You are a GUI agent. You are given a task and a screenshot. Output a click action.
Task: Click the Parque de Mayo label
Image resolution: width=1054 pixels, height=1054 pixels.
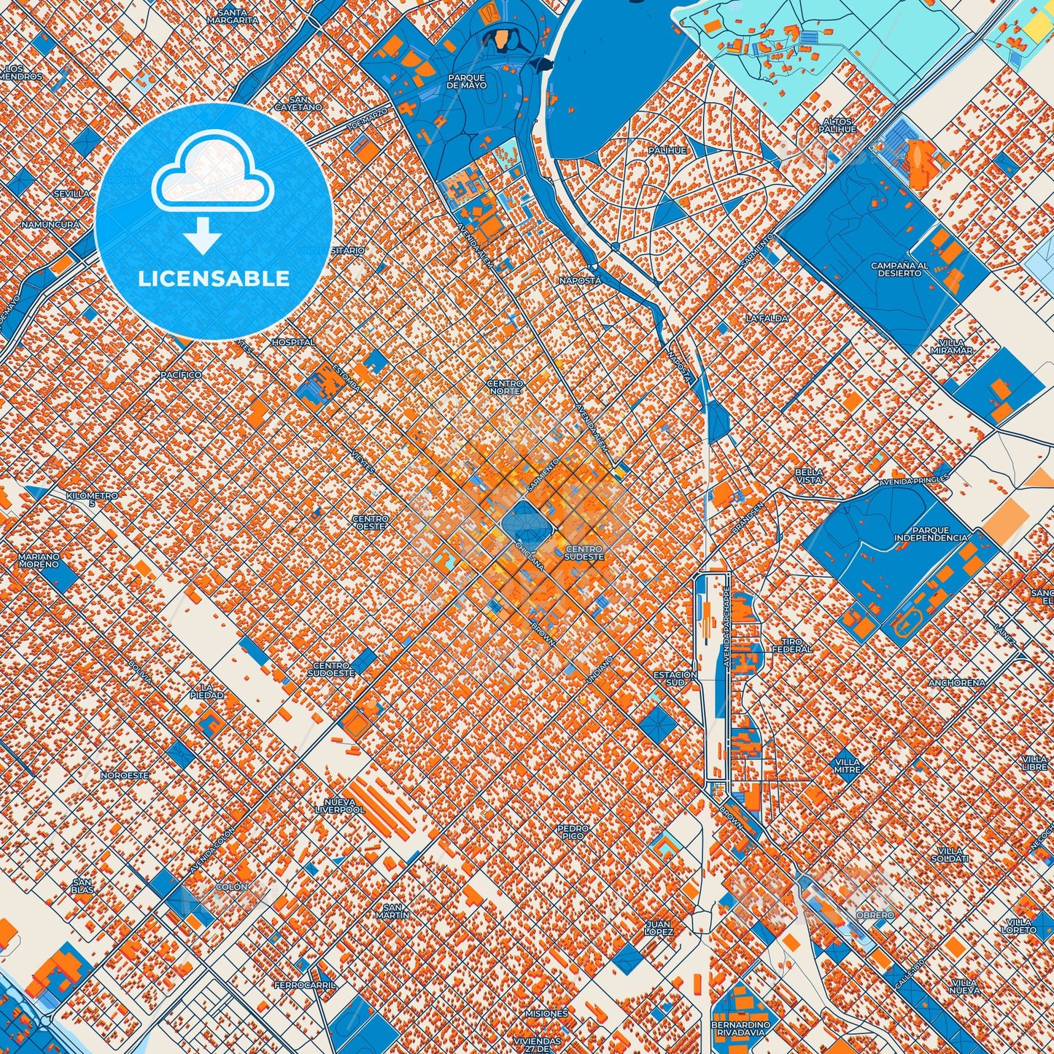pos(467,82)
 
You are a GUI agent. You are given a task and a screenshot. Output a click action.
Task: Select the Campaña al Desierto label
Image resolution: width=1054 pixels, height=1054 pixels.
pos(900,269)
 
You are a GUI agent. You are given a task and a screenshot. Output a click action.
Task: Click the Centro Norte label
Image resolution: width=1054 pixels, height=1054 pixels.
pos(505,387)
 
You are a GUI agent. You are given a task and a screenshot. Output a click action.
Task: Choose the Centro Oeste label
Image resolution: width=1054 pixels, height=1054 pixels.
pos(371,522)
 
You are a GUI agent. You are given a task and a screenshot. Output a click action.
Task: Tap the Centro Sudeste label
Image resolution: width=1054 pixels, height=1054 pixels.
pos(584,553)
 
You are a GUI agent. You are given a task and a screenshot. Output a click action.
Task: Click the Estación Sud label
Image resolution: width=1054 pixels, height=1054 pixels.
pos(675,678)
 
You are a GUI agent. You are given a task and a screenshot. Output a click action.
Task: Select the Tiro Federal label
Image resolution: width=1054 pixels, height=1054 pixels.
pos(791,645)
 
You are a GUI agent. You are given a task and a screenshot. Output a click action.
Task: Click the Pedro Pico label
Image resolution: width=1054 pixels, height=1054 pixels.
pos(573,832)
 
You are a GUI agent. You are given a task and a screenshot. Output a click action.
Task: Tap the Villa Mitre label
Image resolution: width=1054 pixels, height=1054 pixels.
pos(847,765)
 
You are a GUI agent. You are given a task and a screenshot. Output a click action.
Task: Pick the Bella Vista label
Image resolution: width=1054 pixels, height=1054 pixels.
pos(809,476)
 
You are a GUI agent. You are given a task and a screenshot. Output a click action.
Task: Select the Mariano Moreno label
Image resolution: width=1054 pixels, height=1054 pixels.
pos(39,560)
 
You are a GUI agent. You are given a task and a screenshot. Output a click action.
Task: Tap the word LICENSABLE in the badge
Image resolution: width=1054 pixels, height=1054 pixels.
pos(214,279)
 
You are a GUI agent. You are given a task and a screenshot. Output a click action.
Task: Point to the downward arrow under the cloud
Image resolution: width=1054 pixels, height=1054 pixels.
pos(203,236)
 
